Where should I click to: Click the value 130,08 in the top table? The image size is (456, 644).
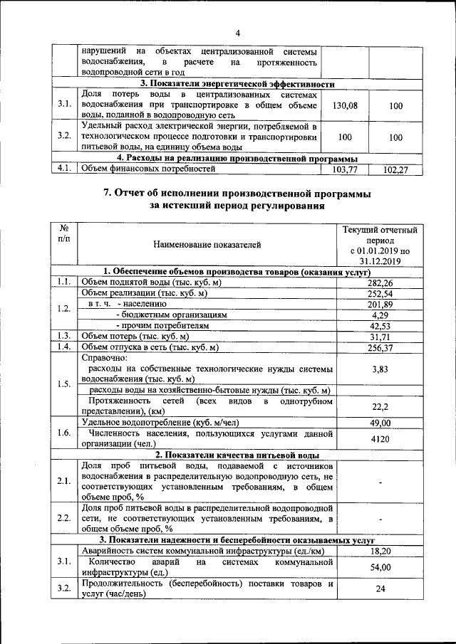tap(345, 105)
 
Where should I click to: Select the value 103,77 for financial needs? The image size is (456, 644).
tap(345, 170)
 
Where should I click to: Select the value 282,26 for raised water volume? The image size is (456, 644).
tap(380, 283)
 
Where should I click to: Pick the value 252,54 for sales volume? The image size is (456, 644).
tap(380, 293)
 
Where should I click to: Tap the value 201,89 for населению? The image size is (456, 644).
tap(380, 304)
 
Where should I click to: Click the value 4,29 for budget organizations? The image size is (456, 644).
tap(380, 315)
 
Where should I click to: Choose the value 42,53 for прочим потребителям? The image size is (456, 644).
tap(380, 325)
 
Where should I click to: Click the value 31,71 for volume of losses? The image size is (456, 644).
tap(380, 336)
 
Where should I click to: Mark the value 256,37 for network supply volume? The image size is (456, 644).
tap(380, 347)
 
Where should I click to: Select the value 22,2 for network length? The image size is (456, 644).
tap(380, 406)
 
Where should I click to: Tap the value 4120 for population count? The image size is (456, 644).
tap(380, 439)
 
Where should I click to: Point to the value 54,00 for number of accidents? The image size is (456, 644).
tap(380, 567)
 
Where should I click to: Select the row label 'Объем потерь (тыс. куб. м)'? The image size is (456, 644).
tap(135, 336)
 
